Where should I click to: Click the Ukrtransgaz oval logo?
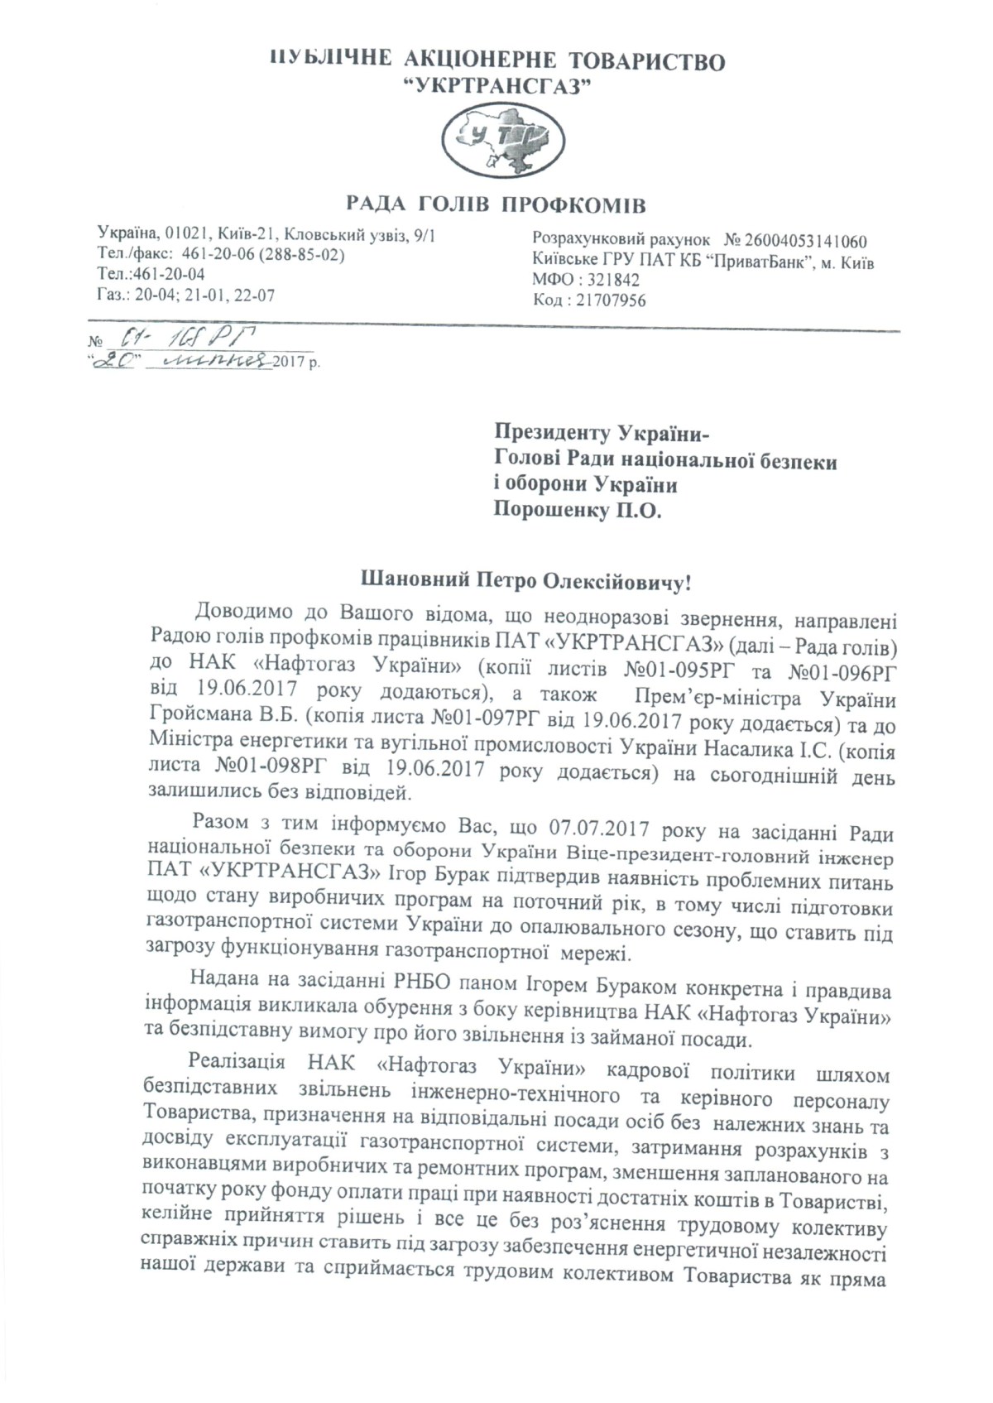496,144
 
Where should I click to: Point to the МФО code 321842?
613,281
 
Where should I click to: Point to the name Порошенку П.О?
578,511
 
